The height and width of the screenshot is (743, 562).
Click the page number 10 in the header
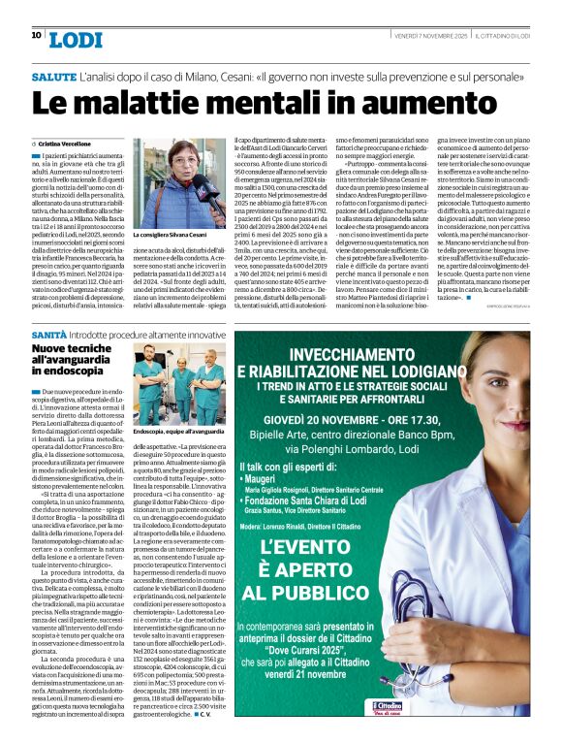point(36,35)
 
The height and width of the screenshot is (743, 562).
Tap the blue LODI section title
point(75,39)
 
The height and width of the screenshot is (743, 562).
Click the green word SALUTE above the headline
point(54,75)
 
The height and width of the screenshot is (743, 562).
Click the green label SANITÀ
point(49,332)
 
